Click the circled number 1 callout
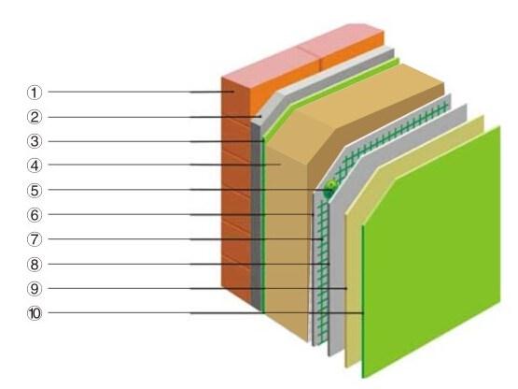35,93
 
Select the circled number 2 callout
35,117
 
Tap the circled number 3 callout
35,141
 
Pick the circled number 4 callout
35,166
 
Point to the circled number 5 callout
35,191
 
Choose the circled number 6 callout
35,215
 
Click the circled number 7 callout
35,239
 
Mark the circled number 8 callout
35,265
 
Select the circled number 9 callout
35,289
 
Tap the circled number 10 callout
35,313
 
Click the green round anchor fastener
330,189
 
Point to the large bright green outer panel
431,252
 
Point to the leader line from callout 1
141,92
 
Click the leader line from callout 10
206,312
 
